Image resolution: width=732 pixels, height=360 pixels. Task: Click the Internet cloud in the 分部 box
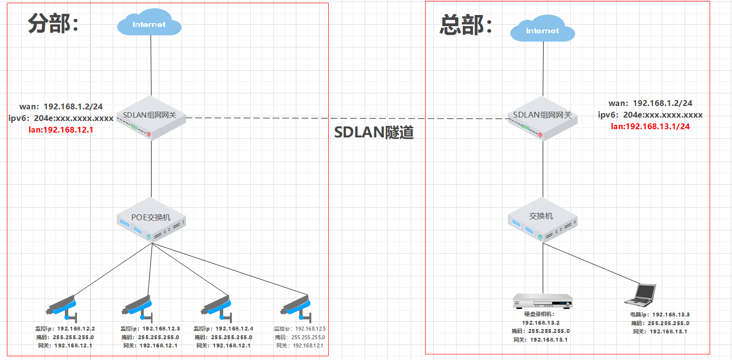tap(149, 24)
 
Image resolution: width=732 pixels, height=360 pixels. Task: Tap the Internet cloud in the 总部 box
tap(542, 30)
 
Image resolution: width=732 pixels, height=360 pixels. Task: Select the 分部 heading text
tap(53, 23)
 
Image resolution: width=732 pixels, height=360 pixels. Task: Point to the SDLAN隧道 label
tap(374, 132)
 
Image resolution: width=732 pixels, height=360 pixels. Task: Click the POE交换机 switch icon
tap(151, 220)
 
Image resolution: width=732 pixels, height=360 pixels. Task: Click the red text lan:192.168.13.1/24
tap(650, 126)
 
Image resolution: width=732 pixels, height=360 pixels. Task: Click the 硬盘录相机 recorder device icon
tap(542, 301)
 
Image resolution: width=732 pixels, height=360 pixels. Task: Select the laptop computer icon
tap(640, 295)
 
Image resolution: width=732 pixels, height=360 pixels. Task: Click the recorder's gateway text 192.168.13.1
tap(549, 340)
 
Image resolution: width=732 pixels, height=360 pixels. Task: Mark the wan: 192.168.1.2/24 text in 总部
tap(650, 103)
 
